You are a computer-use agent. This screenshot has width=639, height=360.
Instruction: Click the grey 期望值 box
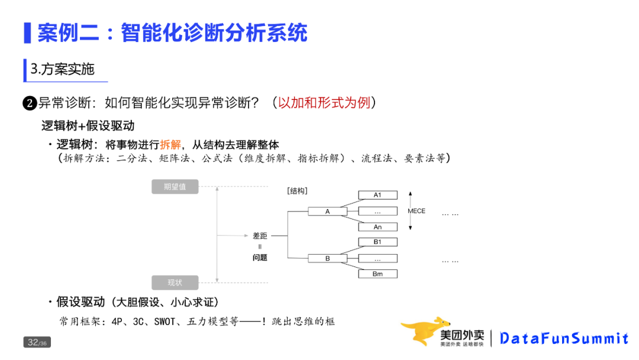coord(175,187)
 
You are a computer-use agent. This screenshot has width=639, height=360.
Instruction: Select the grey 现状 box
coord(175,282)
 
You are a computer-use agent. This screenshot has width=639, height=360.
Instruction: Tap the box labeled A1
coord(377,195)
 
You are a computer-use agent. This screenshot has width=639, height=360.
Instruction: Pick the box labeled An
coord(377,227)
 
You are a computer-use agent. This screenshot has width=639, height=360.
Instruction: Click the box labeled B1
coord(377,242)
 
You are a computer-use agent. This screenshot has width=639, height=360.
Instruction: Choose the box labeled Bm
coord(377,274)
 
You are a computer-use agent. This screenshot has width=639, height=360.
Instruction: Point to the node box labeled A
coord(327,211)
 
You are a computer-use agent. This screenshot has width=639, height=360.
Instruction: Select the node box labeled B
coord(327,259)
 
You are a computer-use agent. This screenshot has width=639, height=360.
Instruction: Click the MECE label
coord(417,211)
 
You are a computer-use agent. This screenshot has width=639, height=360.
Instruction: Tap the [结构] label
coord(297,191)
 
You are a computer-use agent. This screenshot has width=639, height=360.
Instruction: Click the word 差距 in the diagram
coord(260,236)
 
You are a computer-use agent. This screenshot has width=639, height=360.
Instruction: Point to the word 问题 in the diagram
coord(260,258)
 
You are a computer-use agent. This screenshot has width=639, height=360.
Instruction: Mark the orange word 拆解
coord(170,144)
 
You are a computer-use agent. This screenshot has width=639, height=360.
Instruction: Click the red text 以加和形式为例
coord(324,102)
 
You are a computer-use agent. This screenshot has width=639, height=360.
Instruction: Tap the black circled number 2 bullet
coord(30,104)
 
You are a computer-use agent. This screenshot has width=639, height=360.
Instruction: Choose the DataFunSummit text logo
coord(563,338)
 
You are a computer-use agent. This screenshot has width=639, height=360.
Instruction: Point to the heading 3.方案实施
coord(63,69)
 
